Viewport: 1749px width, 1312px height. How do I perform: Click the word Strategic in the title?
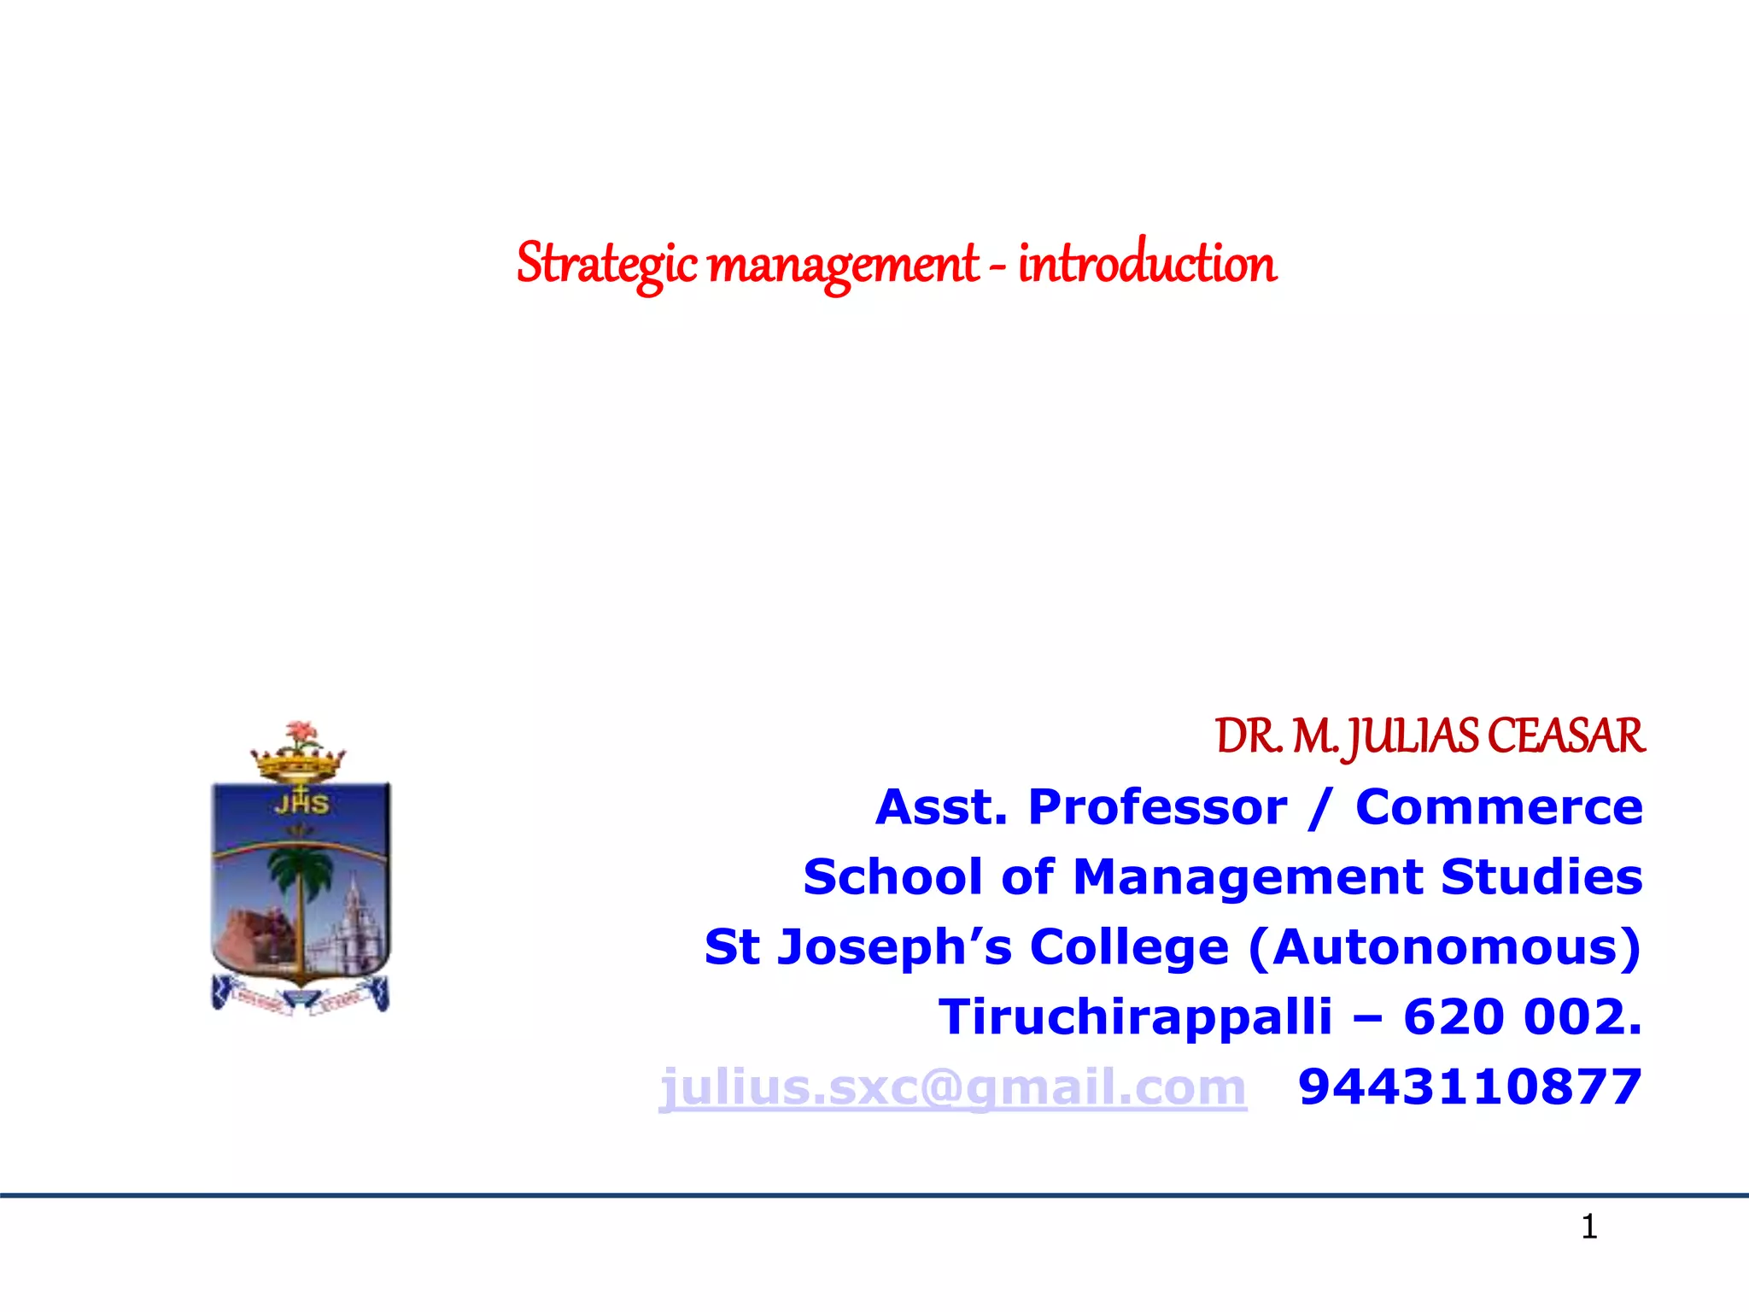[x=607, y=264]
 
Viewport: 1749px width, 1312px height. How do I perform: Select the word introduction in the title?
[x=1147, y=263]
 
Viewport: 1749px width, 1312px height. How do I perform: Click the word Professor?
[x=1157, y=807]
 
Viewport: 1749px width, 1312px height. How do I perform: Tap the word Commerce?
[x=1499, y=807]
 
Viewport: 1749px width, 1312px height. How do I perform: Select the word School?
[x=892, y=877]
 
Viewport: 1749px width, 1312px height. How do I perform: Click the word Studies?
[x=1541, y=877]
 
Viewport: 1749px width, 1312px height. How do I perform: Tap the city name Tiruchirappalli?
[x=1135, y=1017]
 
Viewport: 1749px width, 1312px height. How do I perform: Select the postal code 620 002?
[x=1522, y=1017]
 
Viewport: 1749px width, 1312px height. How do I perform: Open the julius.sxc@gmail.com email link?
[x=952, y=1087]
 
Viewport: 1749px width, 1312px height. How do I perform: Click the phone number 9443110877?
[x=1470, y=1087]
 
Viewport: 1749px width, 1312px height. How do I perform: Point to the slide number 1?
[x=1588, y=1227]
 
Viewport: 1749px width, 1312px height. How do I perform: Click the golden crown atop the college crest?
[x=297, y=764]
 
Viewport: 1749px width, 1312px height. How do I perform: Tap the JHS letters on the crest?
[x=301, y=804]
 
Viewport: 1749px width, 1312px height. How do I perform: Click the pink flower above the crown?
[x=298, y=733]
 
